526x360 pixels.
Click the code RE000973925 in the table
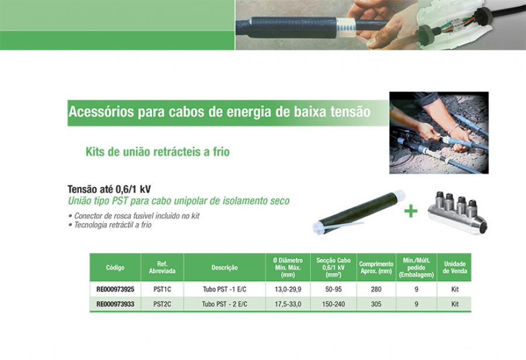[x=115, y=289]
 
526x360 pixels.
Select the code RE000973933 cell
[x=115, y=304]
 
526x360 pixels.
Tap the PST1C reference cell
[x=162, y=289]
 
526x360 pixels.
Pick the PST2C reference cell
[x=162, y=304]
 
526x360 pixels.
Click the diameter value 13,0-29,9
[x=288, y=289]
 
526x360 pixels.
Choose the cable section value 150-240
[x=334, y=304]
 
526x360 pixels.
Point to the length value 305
[x=376, y=304]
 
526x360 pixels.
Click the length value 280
[x=376, y=289]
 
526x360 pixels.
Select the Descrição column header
[x=224, y=268]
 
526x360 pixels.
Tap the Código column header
[x=115, y=268]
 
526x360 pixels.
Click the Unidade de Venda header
[x=455, y=268]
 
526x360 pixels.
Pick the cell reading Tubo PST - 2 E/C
[x=224, y=304]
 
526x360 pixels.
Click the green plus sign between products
[x=411, y=212]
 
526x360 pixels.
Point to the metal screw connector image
[x=458, y=212]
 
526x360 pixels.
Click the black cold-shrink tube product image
[x=358, y=212]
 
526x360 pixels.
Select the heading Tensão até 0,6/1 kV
[x=109, y=189]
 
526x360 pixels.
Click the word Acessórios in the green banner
[x=101, y=112]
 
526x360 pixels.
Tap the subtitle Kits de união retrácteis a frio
[x=158, y=151]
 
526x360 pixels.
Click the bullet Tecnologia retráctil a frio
[x=110, y=225]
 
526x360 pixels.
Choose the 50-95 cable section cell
[x=334, y=289]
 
